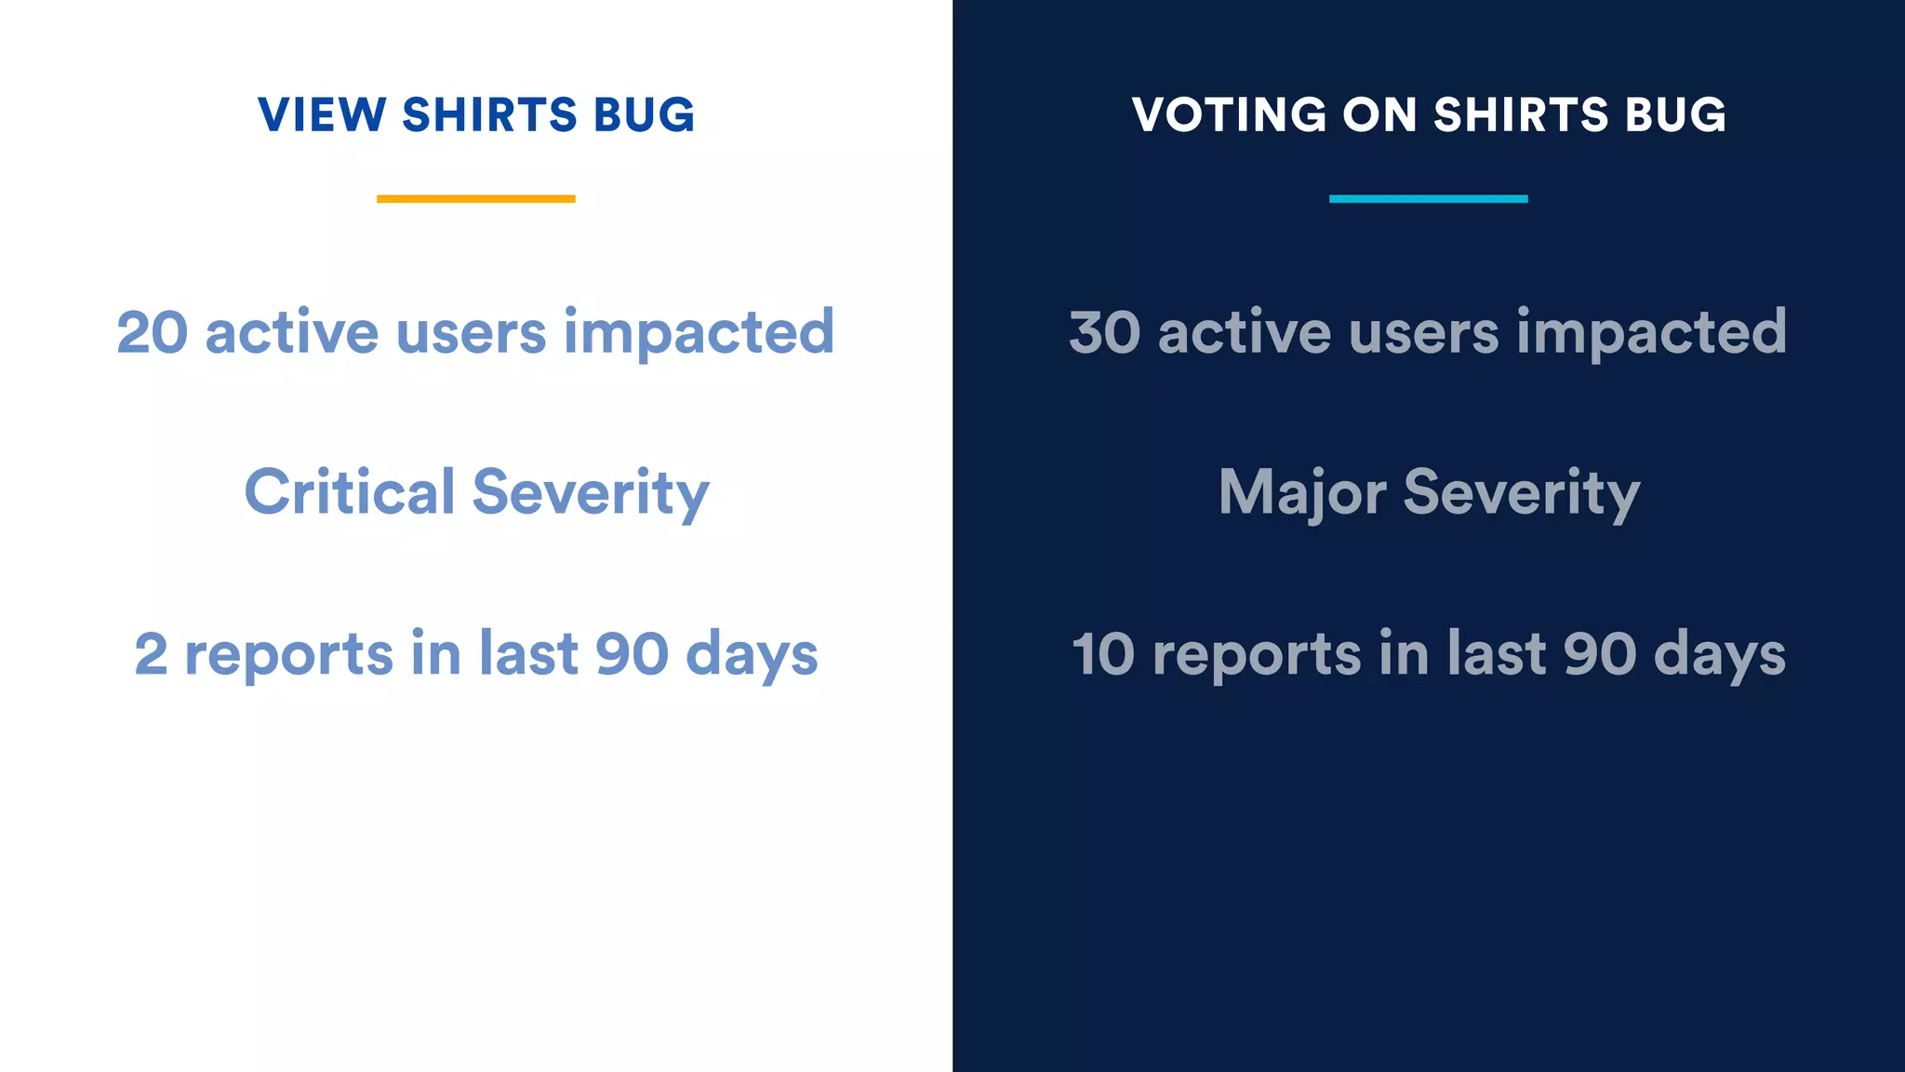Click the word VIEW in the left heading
pos(321,115)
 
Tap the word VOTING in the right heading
pos(1228,115)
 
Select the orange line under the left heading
pos(475,198)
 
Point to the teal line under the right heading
pos(1428,198)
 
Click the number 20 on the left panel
pos(152,332)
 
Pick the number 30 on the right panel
pos(1104,332)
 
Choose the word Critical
pos(350,492)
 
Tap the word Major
pos(1302,492)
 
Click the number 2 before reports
pos(151,654)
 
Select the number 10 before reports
pos(1103,654)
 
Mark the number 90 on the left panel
pos(632,654)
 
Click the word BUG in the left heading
pos(644,115)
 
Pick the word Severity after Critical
pos(591,492)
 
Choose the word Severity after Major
pos(1522,492)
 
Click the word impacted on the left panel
pos(699,332)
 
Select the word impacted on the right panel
pos(1651,332)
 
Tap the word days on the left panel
pos(752,654)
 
